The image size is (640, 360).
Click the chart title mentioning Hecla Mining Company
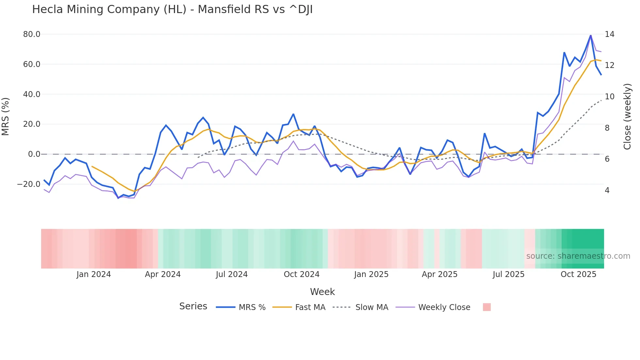pyautogui.click(x=172, y=9)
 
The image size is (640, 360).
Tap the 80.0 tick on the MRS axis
pyautogui.click(x=32, y=34)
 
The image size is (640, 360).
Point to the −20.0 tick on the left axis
pyautogui.click(x=29, y=184)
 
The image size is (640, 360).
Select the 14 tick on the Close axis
pyautogui.click(x=609, y=34)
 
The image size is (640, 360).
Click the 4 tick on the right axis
pyautogui.click(x=607, y=190)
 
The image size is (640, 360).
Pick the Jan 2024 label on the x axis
pyautogui.click(x=94, y=274)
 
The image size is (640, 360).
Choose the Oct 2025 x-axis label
pyautogui.click(x=578, y=274)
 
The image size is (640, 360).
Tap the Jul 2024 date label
pyautogui.click(x=232, y=274)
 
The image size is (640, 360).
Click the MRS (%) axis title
pyautogui.click(x=6, y=116)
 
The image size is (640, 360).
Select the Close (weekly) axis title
pyautogui.click(x=627, y=116)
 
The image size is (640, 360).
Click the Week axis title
pyautogui.click(x=322, y=292)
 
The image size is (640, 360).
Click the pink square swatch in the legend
pyautogui.click(x=487, y=307)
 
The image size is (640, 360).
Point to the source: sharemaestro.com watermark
pyautogui.click(x=578, y=256)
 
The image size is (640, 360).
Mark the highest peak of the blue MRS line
pyautogui.click(x=591, y=35)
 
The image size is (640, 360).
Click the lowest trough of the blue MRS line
pyautogui.click(x=118, y=198)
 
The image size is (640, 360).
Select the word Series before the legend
pyautogui.click(x=193, y=306)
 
